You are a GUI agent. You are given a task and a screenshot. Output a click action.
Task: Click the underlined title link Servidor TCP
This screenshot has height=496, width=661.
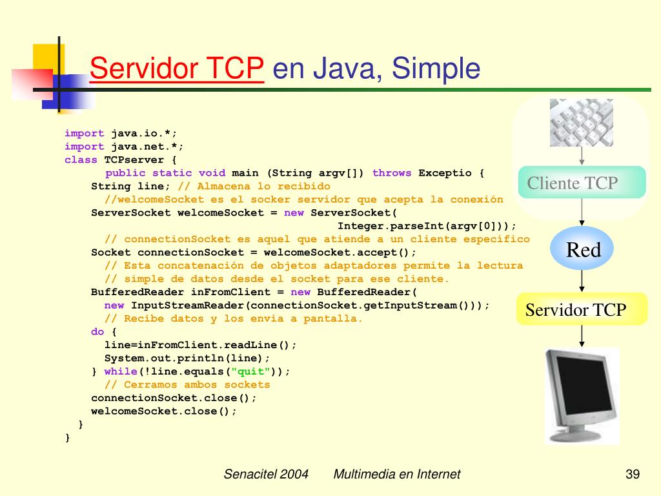(177, 68)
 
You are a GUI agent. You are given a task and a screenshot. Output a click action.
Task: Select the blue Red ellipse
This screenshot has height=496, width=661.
(582, 249)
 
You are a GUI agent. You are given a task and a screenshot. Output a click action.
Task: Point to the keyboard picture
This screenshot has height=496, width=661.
(581, 122)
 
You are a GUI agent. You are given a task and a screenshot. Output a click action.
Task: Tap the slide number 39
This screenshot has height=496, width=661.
(632, 475)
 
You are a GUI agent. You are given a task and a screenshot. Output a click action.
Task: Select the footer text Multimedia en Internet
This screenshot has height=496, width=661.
(397, 475)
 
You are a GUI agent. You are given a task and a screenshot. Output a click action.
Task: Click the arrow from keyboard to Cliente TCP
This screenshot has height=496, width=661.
(582, 156)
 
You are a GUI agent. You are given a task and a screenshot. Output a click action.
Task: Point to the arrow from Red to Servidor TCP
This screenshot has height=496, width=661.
(582, 280)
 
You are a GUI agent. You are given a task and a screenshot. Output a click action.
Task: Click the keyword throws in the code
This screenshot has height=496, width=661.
(392, 173)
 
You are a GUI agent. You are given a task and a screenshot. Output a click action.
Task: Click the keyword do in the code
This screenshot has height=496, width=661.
(97, 331)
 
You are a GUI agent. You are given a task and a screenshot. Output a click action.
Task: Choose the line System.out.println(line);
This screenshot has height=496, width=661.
(187, 358)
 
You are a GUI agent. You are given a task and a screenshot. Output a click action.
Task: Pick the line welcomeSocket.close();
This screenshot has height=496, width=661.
(164, 411)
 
